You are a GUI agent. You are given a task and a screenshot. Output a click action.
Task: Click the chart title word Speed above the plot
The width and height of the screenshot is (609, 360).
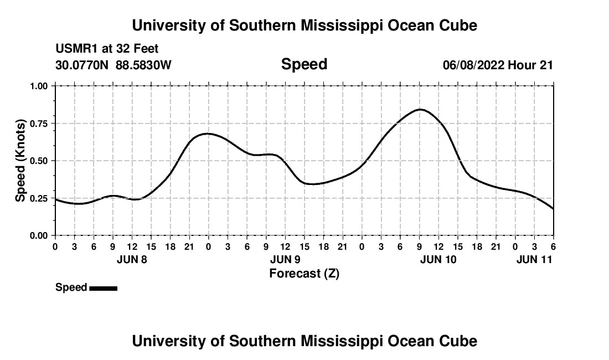(304, 64)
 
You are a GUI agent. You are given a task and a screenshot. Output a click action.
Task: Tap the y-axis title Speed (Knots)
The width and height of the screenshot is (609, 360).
(20, 161)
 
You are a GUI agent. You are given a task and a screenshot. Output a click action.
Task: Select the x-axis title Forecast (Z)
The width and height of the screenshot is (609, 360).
(304, 273)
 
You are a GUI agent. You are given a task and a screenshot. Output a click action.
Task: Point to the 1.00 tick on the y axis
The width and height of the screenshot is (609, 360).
(39, 86)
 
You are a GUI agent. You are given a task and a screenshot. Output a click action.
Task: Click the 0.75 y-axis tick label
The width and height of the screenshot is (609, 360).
(39, 124)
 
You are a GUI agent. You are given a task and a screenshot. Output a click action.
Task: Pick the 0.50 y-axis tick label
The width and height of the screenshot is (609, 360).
(39, 161)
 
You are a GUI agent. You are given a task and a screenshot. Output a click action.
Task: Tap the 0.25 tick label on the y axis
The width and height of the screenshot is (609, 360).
(39, 198)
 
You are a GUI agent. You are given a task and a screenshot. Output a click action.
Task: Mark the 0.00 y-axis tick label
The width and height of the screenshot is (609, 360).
(39, 236)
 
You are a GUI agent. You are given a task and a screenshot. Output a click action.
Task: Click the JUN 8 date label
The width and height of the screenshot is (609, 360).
(132, 259)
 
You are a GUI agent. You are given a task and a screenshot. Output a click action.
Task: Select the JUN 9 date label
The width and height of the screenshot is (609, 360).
(285, 259)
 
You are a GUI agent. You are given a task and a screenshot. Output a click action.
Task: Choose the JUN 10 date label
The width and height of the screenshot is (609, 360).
(438, 259)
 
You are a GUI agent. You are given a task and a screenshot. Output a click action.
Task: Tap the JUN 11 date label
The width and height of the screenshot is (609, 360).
(534, 259)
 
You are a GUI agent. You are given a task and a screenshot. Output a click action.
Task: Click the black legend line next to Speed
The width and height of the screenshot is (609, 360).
(103, 288)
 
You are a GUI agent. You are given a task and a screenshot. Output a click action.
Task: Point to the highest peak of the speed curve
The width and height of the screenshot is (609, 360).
(420, 110)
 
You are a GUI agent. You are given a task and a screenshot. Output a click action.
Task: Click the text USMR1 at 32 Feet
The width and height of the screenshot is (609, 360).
(107, 49)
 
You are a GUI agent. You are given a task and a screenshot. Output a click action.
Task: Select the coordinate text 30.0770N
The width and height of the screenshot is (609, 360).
(82, 65)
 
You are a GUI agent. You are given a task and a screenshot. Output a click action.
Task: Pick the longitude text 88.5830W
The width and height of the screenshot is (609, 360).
(143, 65)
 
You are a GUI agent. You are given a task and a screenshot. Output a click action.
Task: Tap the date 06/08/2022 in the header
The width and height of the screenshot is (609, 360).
(473, 65)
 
